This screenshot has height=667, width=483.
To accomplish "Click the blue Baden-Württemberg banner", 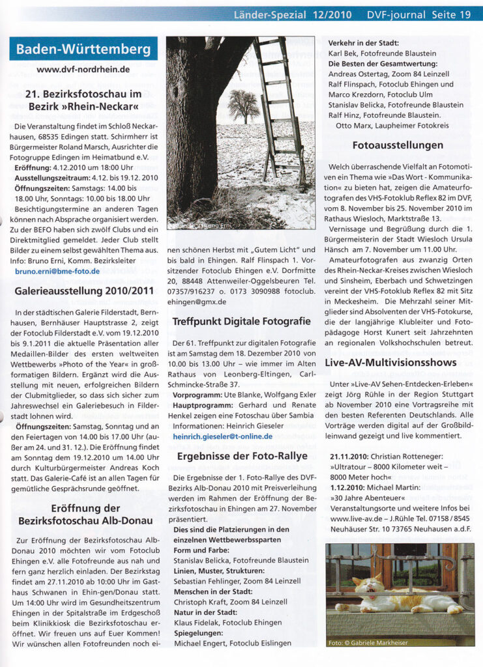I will tap(83, 49).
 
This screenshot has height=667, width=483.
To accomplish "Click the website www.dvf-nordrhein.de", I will tap(83, 69).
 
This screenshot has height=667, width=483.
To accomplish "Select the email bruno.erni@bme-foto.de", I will tap(57, 270).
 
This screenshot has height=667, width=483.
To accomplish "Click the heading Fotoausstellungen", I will tap(398, 145).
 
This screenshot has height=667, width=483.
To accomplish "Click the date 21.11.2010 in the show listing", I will tap(350, 458).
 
